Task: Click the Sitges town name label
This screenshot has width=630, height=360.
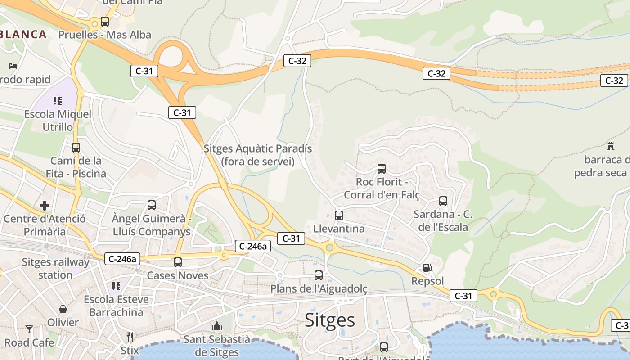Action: (x=330, y=320)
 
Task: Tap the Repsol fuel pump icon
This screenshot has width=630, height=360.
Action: (x=427, y=268)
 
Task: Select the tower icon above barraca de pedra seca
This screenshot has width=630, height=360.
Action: (x=611, y=146)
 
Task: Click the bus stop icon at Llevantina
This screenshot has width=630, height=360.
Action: (x=339, y=215)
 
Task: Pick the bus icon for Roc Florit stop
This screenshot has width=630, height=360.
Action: (x=382, y=169)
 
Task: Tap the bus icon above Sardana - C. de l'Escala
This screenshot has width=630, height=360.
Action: (x=443, y=201)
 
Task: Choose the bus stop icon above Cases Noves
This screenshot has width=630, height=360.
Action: (x=178, y=262)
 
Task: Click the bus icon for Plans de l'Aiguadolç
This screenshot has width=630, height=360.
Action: (x=319, y=275)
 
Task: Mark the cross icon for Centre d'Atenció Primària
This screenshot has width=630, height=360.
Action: (x=45, y=206)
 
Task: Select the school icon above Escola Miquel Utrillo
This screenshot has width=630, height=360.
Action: (x=58, y=100)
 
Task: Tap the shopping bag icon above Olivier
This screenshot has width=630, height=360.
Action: (x=63, y=309)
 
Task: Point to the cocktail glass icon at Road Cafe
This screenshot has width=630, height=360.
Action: (x=29, y=329)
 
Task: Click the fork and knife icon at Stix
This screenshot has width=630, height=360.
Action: (x=130, y=337)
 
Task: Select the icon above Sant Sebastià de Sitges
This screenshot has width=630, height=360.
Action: (x=217, y=325)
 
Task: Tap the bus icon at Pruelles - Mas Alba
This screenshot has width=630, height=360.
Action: (x=105, y=21)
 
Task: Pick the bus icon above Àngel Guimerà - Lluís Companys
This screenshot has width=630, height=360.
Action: (x=152, y=205)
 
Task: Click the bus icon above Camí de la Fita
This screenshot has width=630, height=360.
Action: (x=76, y=147)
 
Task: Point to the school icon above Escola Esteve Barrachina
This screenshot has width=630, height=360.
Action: (x=116, y=286)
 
